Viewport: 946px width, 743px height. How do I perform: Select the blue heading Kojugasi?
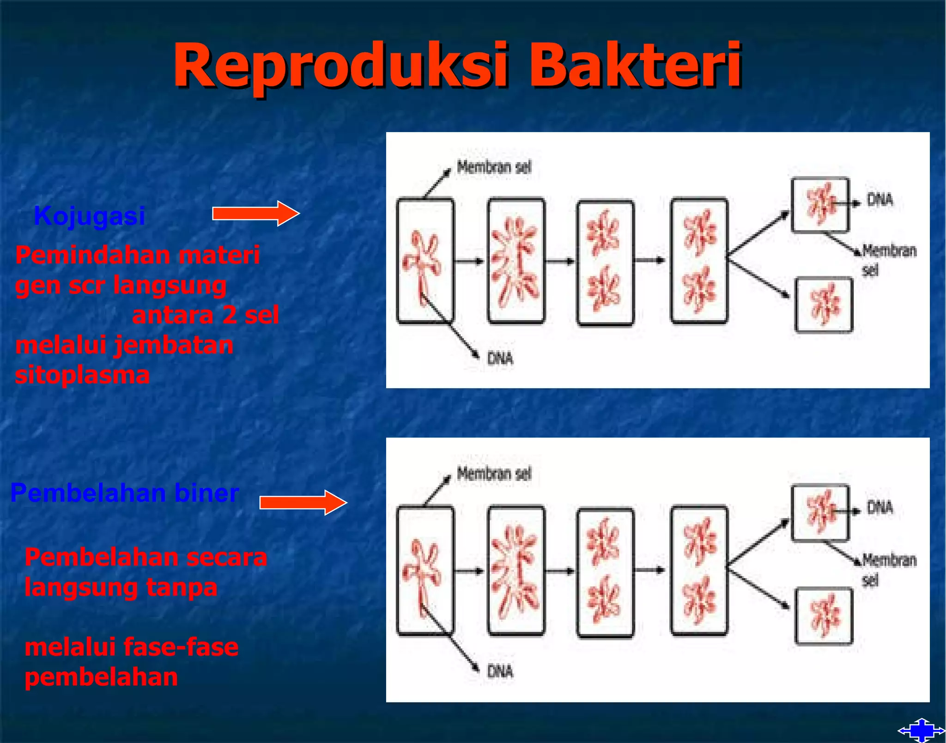point(90,216)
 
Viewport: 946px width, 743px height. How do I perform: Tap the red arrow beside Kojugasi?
point(255,213)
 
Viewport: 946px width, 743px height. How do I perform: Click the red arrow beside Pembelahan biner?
point(303,502)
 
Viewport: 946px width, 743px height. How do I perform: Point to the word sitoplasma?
point(82,375)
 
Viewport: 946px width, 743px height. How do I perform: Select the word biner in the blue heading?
point(206,493)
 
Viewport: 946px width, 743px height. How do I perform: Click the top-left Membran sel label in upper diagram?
point(494,167)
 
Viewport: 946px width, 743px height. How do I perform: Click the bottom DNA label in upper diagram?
point(500,358)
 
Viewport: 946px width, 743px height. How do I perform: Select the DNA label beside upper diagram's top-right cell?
point(879,200)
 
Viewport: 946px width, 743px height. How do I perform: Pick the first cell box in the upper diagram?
point(425,260)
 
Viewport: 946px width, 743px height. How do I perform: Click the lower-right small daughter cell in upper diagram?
point(824,305)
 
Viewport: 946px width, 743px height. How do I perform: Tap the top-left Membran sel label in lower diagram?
point(494,474)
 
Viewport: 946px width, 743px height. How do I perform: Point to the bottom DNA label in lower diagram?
point(500,671)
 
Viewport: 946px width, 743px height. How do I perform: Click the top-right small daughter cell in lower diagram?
point(820,512)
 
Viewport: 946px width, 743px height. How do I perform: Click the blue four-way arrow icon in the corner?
point(921,731)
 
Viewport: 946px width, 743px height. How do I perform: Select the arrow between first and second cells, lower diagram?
point(470,571)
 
